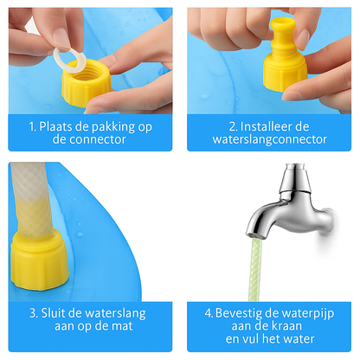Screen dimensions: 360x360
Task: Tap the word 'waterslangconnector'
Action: pyautogui.click(x=269, y=139)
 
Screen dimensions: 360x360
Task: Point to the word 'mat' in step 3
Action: pyautogui.click(x=128, y=326)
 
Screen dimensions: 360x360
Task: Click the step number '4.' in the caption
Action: pyautogui.click(x=209, y=312)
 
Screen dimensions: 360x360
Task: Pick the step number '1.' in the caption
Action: pyautogui.click(x=33, y=125)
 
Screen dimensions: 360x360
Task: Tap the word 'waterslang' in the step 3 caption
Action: pyautogui.click(x=111, y=312)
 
